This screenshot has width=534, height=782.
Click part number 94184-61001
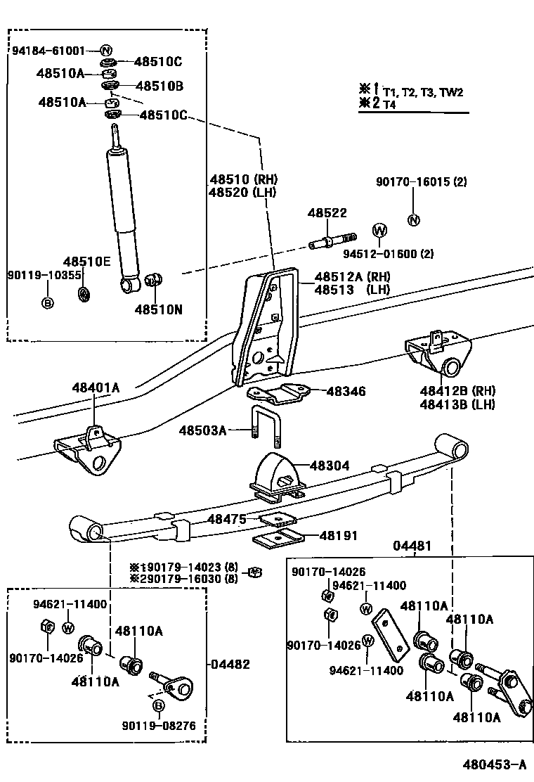[48, 51]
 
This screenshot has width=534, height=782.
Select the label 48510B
[159, 86]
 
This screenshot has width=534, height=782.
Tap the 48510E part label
[86, 262]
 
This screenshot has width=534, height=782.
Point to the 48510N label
[158, 309]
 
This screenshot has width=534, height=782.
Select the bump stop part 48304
[277, 477]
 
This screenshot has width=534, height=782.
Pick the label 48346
[346, 392]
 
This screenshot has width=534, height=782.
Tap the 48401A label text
[96, 387]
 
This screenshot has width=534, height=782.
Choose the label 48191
[338, 536]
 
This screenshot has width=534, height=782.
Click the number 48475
[227, 519]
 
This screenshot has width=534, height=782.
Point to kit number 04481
[412, 546]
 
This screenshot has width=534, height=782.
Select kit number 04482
[230, 665]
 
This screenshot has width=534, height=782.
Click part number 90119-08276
[159, 726]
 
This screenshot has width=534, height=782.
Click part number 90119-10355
[44, 275]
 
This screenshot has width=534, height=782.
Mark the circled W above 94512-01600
[379, 231]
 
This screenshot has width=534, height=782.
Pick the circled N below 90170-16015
[413, 220]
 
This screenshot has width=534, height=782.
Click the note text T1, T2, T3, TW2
[423, 92]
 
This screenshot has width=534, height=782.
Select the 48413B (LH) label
[457, 404]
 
